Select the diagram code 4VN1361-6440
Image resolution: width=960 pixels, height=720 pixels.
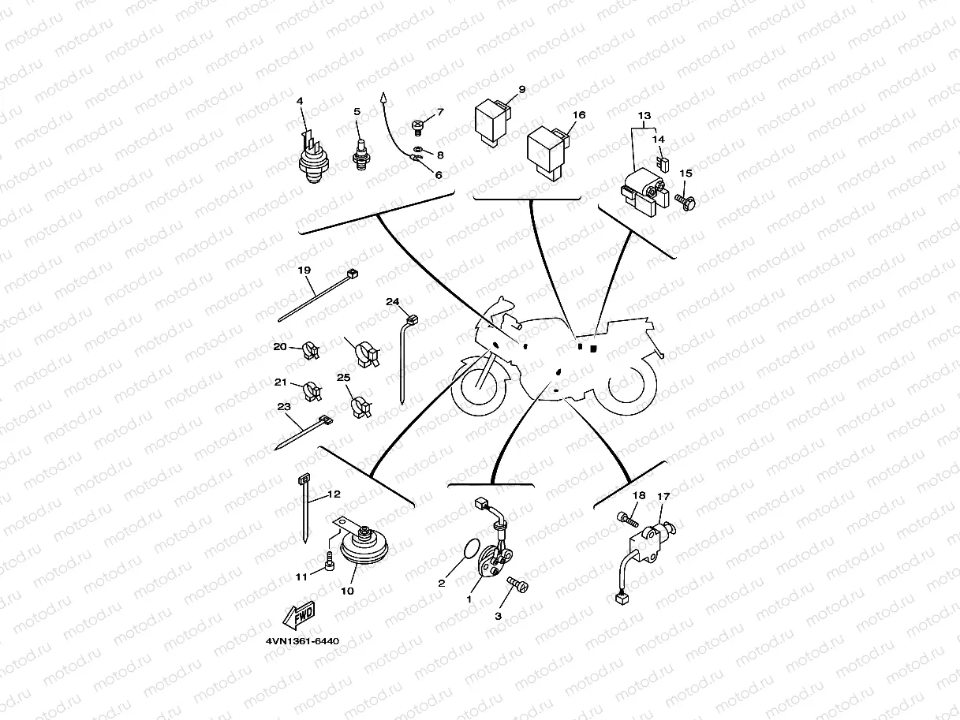pyautogui.click(x=303, y=641)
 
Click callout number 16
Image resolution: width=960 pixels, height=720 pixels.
pyautogui.click(x=579, y=115)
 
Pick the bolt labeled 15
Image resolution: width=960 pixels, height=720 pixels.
pyautogui.click(x=685, y=203)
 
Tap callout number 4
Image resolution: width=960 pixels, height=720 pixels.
pyautogui.click(x=300, y=101)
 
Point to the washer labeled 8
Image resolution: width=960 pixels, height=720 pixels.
pyautogui.click(x=418, y=150)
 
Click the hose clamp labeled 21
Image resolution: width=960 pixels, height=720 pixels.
pyautogui.click(x=312, y=390)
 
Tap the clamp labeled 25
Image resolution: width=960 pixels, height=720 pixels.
pyautogui.click(x=361, y=406)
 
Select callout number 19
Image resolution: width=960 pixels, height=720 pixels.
pyautogui.click(x=304, y=270)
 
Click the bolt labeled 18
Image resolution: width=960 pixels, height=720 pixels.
pyautogui.click(x=628, y=520)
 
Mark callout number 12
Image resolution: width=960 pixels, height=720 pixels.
pyautogui.click(x=334, y=494)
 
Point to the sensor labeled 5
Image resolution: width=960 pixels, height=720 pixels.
pyautogui.click(x=361, y=155)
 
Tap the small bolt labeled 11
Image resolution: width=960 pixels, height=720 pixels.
pyautogui.click(x=330, y=561)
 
